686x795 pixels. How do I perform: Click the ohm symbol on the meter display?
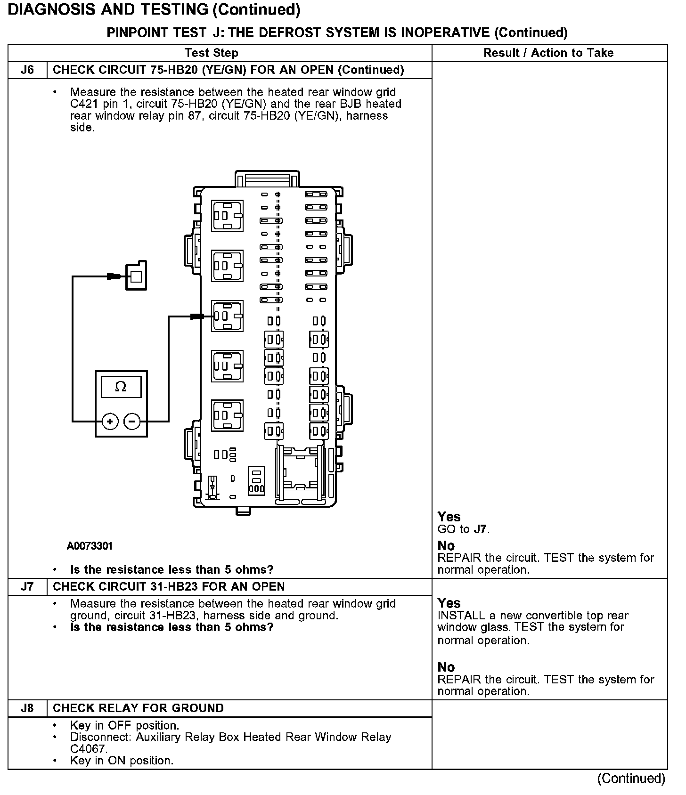click(121, 387)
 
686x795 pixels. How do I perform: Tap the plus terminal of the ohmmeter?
click(110, 422)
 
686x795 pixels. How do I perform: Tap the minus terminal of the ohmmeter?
click(132, 422)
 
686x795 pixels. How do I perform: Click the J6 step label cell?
click(28, 70)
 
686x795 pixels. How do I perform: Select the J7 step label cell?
click(28, 587)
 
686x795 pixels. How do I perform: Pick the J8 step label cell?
click(28, 708)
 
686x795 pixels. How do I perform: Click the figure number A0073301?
click(90, 546)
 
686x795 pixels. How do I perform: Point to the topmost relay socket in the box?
click(227, 216)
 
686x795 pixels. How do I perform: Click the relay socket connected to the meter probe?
click(227, 316)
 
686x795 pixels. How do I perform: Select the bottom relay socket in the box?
click(227, 415)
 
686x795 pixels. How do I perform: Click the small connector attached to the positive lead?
click(136, 276)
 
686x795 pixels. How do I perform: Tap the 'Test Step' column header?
click(211, 53)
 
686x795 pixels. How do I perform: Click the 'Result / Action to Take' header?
click(548, 53)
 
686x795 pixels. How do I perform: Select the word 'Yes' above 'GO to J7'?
click(449, 517)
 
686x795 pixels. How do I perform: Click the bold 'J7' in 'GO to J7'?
click(480, 529)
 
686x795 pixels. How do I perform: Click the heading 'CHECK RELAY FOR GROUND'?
click(138, 708)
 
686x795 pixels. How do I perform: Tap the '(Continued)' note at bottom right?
click(631, 779)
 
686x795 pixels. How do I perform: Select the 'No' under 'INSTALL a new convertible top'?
click(446, 667)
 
